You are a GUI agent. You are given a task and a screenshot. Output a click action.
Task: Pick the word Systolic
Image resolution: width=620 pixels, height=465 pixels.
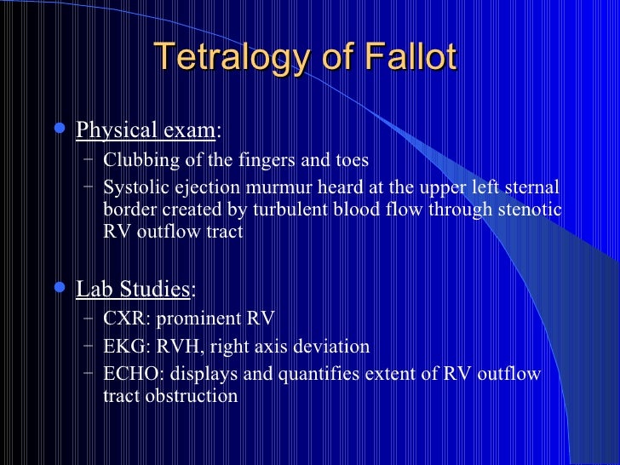tap(134, 187)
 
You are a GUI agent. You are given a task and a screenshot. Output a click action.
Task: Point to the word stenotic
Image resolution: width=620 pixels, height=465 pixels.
tap(530, 210)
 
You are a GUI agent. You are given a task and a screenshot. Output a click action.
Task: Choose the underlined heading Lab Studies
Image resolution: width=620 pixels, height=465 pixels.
tap(134, 289)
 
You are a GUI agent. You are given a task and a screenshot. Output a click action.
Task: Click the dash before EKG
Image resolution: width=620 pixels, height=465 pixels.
tap(90, 346)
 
